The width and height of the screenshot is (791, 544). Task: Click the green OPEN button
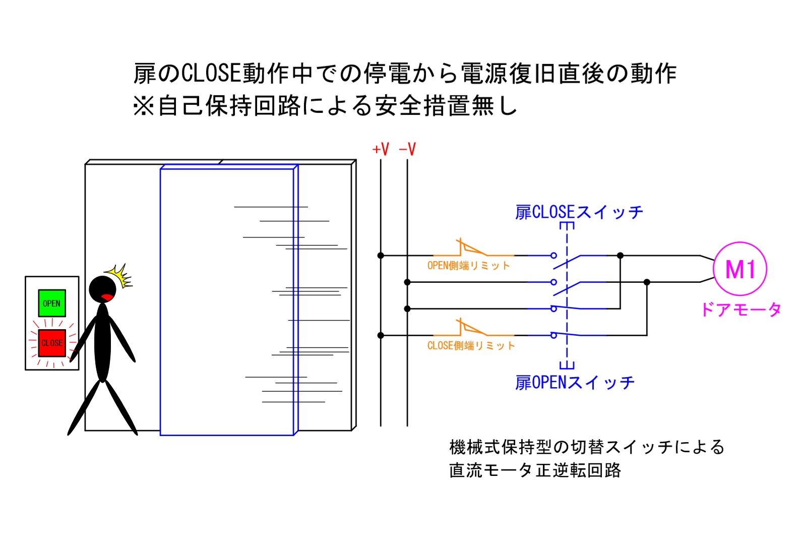(52, 303)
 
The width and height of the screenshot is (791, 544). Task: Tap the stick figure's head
(102, 289)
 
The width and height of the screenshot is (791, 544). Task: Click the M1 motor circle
(740, 269)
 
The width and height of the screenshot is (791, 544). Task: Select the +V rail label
(381, 149)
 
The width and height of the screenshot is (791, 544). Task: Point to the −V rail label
(407, 149)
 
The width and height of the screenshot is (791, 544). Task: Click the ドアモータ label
(741, 309)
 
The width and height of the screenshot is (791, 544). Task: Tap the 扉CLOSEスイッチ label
(579, 212)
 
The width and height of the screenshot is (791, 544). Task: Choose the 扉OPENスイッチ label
(574, 383)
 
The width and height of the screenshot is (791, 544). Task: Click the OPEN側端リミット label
(468, 266)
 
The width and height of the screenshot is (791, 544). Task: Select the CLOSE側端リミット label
(471, 346)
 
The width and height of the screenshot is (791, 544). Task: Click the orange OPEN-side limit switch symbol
(471, 248)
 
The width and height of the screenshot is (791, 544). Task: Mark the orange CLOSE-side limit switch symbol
(471, 328)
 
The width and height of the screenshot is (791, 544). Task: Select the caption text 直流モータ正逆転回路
(535, 470)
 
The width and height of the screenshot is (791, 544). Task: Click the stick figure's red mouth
(107, 296)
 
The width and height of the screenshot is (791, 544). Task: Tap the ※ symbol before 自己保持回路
(144, 106)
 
